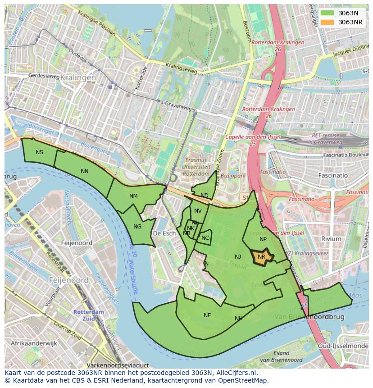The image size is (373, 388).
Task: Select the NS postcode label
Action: (x=40, y=152)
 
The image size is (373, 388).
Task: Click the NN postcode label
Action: (x=85, y=171)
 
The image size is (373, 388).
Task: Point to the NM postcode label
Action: (x=133, y=196)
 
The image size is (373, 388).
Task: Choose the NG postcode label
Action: (x=137, y=227)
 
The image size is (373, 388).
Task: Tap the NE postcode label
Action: (x=207, y=315)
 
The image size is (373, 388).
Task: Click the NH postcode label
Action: (x=239, y=319)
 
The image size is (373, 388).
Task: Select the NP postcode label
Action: (x=263, y=239)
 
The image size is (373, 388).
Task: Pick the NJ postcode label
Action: (x=238, y=257)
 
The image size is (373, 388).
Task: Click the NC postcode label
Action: (x=205, y=238)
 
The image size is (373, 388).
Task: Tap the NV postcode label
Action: (x=198, y=211)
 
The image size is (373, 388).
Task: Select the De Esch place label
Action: (x=164, y=233)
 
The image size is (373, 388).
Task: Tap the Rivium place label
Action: (x=331, y=239)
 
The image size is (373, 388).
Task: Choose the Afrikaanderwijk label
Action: (x=34, y=343)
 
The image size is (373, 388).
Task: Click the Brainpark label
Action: (x=234, y=176)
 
